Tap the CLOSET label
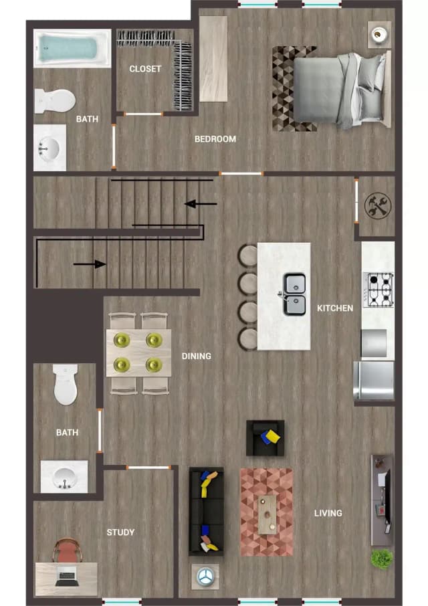pos(145,69)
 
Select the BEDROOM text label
pos(215,139)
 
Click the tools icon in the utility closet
pos(378,205)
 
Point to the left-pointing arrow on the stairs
pos(201,204)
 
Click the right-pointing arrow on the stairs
pos(90,264)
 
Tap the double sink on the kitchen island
pos(294,294)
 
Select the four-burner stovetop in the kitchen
pos(379,290)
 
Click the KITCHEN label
pos(335,308)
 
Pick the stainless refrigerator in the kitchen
pos(374,381)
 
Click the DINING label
pos(196,357)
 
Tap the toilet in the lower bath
pos(66,384)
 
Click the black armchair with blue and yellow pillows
pos(265,438)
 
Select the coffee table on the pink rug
pos(267,514)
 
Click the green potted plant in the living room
pos(382,559)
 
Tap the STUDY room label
pos(120,532)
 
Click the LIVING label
pos(328,513)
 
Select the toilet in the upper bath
pos(55,101)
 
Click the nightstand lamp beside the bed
pos(379,34)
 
